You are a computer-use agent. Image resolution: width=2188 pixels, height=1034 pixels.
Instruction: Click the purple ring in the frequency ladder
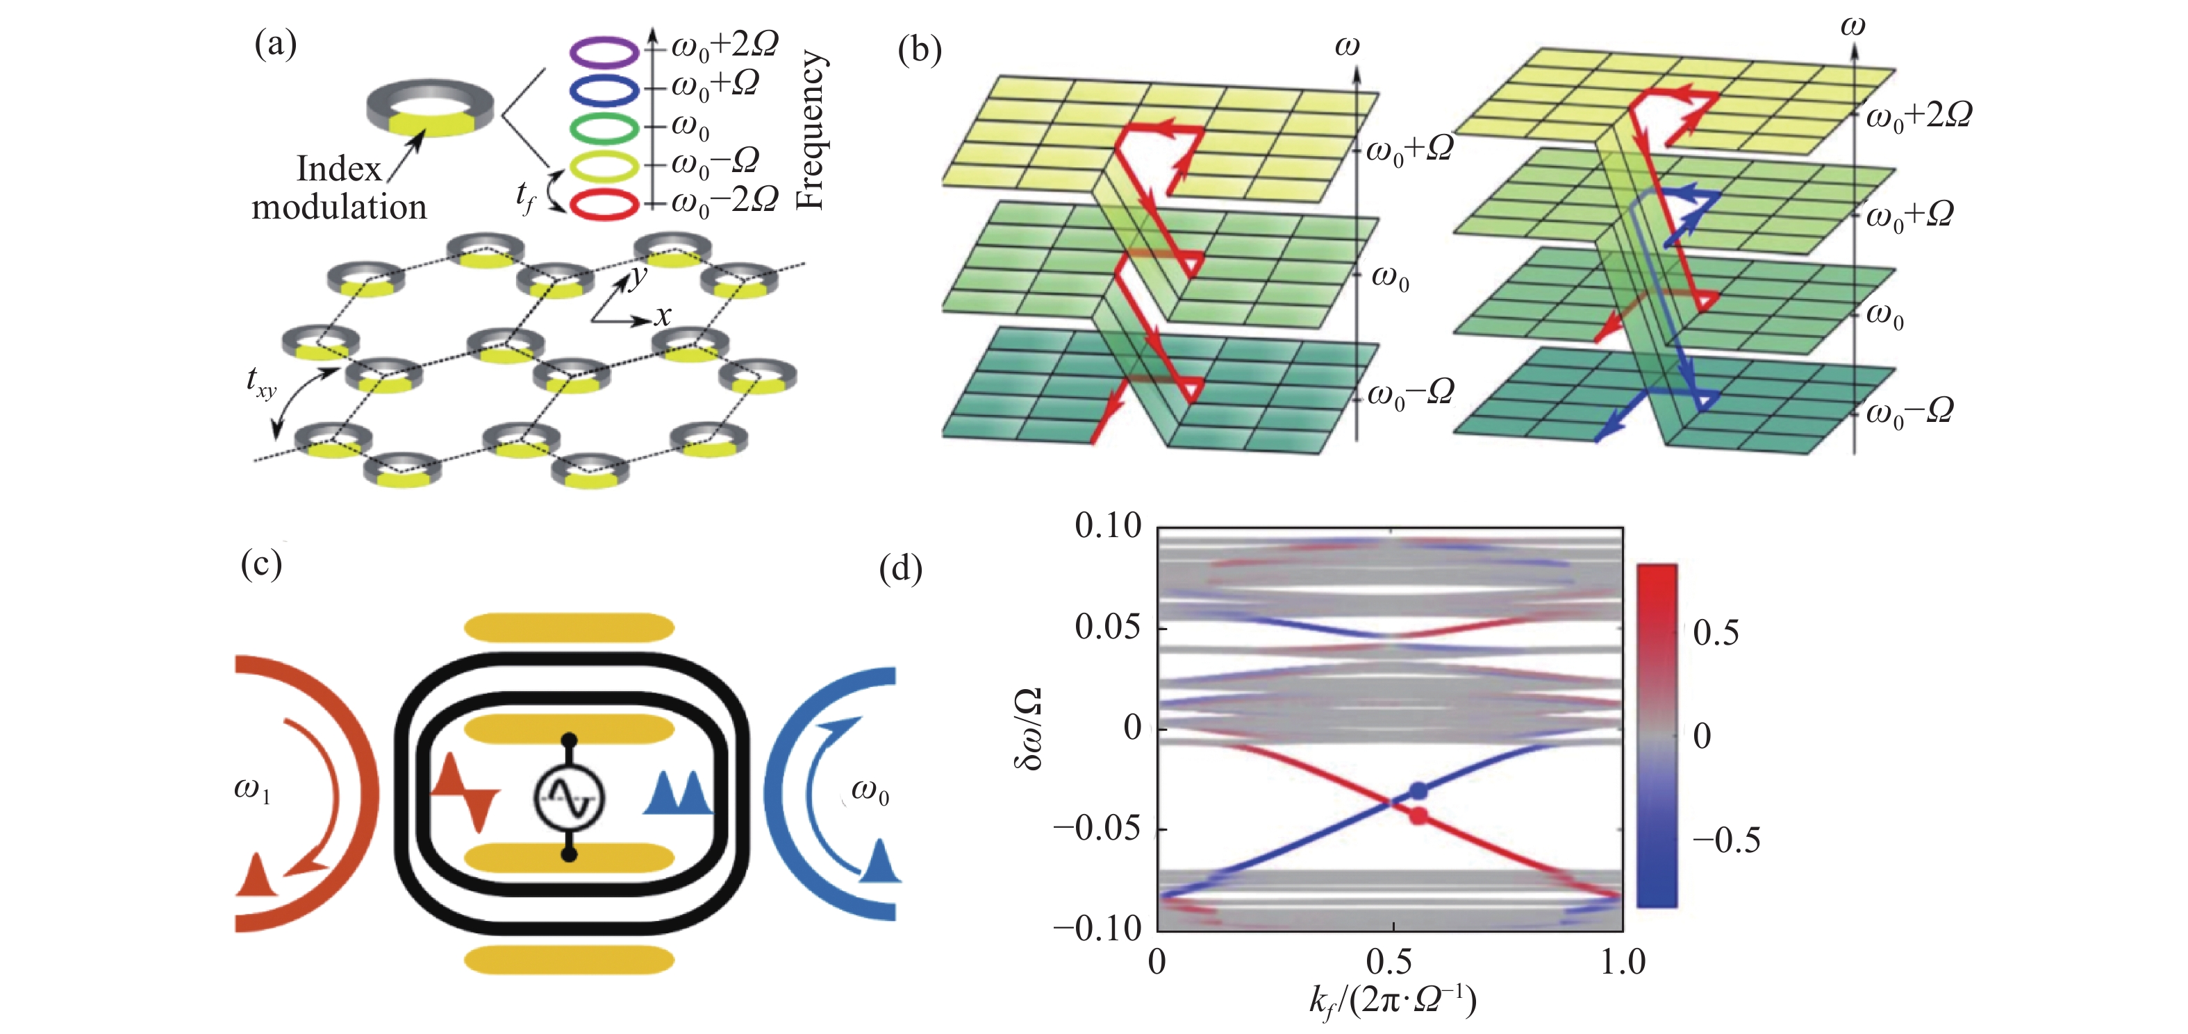pos(603,53)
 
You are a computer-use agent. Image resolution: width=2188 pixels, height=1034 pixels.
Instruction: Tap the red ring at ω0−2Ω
pos(603,204)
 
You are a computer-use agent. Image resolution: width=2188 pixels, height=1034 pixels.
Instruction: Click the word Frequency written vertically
pos(811,129)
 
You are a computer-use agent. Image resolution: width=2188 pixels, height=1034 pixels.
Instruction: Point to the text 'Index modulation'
pos(339,187)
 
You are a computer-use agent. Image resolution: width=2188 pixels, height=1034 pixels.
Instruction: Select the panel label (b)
pos(919,51)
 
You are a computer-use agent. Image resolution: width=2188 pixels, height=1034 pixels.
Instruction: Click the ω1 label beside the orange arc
pos(252,790)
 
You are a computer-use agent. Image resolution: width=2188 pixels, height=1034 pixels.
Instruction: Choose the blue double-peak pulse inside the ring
pos(678,793)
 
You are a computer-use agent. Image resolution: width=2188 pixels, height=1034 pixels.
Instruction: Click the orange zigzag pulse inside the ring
pos(465,793)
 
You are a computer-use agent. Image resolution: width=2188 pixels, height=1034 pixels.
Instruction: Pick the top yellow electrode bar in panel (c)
pos(569,628)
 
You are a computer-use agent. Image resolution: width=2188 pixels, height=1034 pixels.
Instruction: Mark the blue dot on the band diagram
pos(1418,791)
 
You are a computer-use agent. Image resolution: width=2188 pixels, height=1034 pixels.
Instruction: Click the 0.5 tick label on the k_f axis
pos(1390,962)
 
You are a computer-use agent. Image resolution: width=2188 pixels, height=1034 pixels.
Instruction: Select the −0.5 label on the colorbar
pos(1726,840)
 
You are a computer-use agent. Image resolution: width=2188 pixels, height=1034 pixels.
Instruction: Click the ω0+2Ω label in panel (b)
pos(1918,115)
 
